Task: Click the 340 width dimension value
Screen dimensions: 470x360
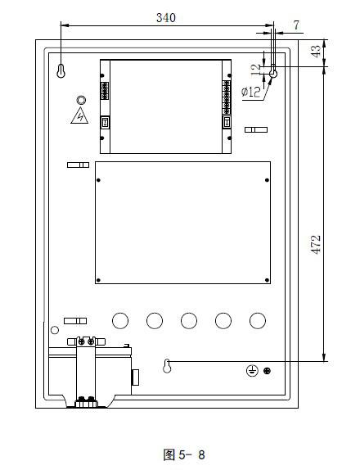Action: [x=164, y=16]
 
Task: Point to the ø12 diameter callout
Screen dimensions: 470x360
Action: [x=252, y=92]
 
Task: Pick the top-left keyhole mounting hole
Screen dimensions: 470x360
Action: [x=61, y=73]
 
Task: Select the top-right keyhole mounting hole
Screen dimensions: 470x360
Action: [x=273, y=73]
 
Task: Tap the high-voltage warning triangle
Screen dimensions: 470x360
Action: [x=79, y=115]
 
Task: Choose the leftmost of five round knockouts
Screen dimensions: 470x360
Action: [x=120, y=319]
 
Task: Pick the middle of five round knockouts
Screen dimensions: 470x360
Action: [x=189, y=319]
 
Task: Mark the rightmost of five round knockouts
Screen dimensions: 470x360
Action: [x=258, y=319]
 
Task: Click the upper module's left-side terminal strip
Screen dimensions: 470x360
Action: [x=104, y=91]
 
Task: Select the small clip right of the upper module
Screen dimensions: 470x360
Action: [x=256, y=130]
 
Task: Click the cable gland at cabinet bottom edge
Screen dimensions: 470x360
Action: [x=85, y=401]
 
